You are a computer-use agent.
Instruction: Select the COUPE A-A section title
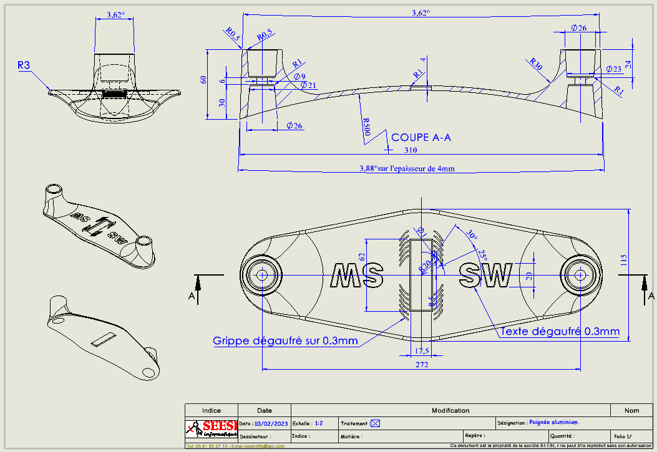click(x=421, y=137)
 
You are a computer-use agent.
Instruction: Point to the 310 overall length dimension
click(x=410, y=150)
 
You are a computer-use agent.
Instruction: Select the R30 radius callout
click(x=535, y=63)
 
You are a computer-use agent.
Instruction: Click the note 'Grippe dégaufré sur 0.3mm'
click(x=285, y=340)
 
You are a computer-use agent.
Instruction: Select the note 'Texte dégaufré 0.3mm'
click(x=560, y=331)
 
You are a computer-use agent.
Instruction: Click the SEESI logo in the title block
click(x=212, y=428)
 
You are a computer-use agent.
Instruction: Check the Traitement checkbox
click(x=375, y=423)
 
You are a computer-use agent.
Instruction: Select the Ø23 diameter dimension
click(x=613, y=69)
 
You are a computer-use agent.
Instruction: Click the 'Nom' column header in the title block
click(x=631, y=410)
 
